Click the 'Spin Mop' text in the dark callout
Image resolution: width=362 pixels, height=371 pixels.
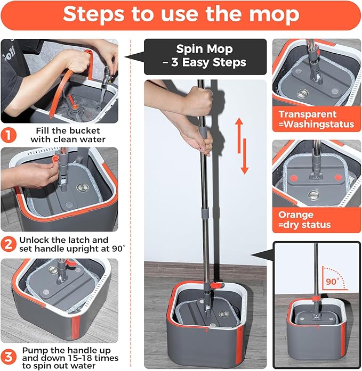click(x=205, y=50)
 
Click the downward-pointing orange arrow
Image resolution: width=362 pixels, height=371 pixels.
click(x=245, y=157)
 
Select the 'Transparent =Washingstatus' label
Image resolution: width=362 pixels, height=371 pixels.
click(x=316, y=119)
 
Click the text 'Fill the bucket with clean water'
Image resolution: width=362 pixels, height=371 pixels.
click(x=71, y=135)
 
